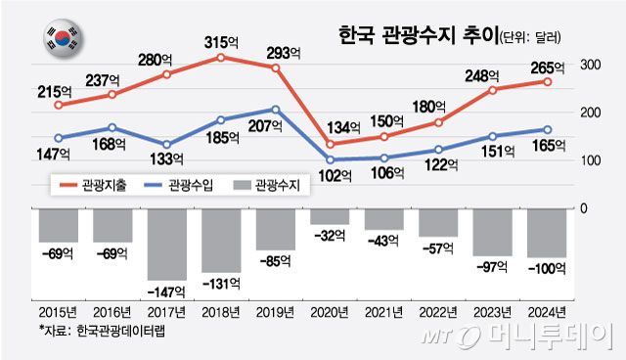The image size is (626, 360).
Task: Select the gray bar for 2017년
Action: point(167,244)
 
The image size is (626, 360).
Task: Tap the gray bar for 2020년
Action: point(329,216)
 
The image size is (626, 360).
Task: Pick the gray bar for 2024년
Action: point(546,232)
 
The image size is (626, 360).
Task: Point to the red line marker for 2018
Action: point(221,58)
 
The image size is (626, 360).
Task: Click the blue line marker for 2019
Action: point(275,110)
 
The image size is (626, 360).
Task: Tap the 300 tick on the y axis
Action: point(589,65)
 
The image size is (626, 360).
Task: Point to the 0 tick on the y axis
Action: point(584,208)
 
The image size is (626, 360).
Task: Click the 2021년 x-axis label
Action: point(383,313)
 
